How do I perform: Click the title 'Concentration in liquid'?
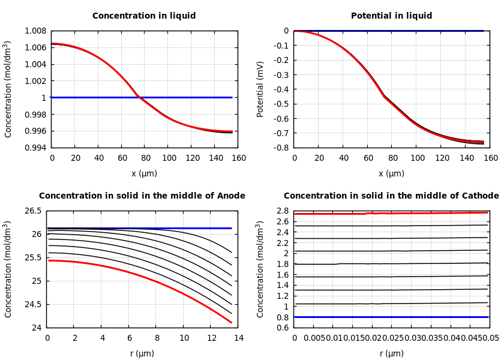[144, 16]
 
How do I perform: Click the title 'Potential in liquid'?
[391, 16]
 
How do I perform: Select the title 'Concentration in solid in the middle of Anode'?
[142, 196]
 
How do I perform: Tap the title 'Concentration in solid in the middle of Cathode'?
[391, 196]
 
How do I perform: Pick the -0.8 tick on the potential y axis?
[279, 148]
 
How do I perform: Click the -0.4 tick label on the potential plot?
[279, 89]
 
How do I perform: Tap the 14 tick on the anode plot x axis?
[238, 338]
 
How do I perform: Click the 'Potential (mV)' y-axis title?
[260, 89]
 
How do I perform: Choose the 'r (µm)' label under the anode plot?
[142, 354]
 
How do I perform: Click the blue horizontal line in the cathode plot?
[390, 317]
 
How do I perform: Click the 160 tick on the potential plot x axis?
[491, 158]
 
